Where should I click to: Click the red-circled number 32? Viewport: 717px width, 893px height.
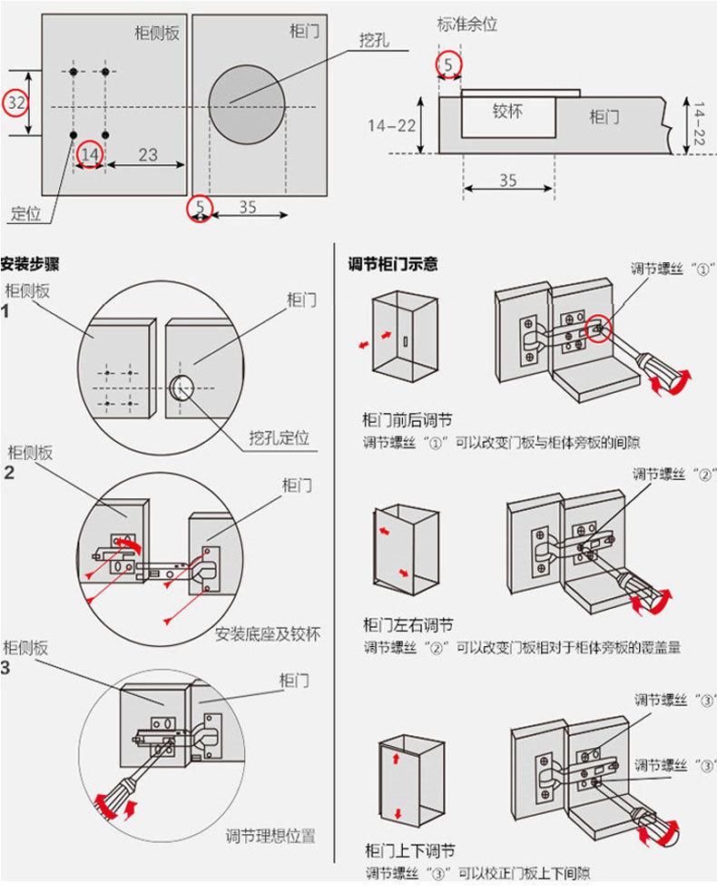coord(15,103)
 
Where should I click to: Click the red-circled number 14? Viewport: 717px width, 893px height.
coord(90,156)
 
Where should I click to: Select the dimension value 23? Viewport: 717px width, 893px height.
coord(147,155)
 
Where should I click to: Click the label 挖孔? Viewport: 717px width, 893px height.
coord(371,41)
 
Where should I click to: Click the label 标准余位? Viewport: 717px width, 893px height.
coord(467,25)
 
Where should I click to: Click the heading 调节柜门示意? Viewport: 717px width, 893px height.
coord(393,266)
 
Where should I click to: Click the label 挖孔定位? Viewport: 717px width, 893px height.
coord(279,439)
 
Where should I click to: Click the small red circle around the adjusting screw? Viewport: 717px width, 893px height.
coord(598,329)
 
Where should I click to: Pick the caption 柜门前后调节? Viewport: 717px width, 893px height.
coord(408,420)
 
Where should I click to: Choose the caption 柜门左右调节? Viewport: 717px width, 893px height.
coord(408,625)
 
